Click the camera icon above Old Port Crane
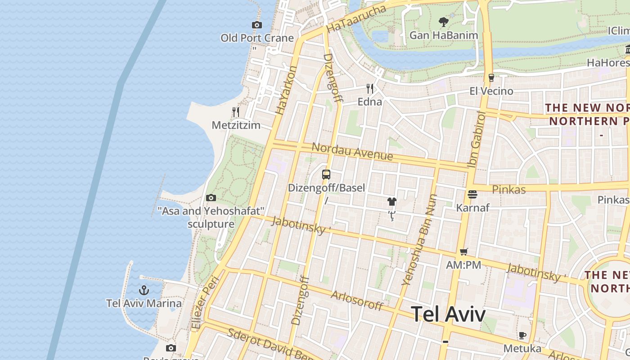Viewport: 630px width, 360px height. (x=257, y=25)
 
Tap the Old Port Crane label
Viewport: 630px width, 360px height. (x=257, y=38)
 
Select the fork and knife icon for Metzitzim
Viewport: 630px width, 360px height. (x=236, y=112)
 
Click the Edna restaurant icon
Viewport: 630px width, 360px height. (x=370, y=88)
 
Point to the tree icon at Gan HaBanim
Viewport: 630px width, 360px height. (x=444, y=22)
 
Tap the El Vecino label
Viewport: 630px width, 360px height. (x=491, y=91)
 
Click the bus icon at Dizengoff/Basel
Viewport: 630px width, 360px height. (x=326, y=175)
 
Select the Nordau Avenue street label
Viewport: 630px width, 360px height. (x=352, y=152)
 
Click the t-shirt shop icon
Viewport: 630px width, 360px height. (x=392, y=202)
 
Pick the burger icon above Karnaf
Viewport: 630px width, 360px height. (x=472, y=194)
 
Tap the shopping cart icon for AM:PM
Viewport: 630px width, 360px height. (x=464, y=252)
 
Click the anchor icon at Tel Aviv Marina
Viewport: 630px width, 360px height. (x=144, y=290)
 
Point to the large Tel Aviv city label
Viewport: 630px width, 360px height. (x=449, y=314)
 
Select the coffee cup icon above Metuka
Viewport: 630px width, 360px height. (x=522, y=335)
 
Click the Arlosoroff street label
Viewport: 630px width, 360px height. (x=357, y=300)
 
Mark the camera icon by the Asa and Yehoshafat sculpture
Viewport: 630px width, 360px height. (x=211, y=198)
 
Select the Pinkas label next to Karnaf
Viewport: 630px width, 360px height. (x=508, y=189)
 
